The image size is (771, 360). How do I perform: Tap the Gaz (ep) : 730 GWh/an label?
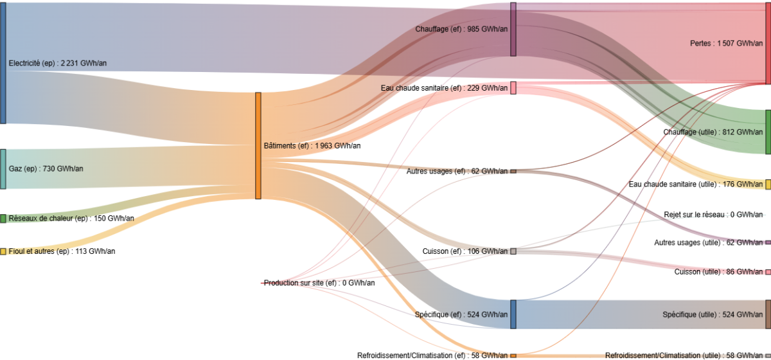coord(46,169)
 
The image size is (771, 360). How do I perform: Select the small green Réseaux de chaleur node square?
coord(3,219)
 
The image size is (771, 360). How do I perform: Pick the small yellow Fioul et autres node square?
coord(3,251)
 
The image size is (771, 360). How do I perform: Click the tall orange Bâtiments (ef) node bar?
coord(258,146)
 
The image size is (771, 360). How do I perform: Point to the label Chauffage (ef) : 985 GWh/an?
coord(461,29)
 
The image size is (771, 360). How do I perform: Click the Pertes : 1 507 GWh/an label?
coord(726,44)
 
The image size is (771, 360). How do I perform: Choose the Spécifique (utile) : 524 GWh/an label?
coord(713,314)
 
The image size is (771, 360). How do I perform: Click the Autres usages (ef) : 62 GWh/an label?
coord(459,172)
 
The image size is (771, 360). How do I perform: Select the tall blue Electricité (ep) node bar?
coord(3,64)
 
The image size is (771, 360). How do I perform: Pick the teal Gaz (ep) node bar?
coord(3,169)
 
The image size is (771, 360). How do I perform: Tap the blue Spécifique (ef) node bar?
coord(513,314)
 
